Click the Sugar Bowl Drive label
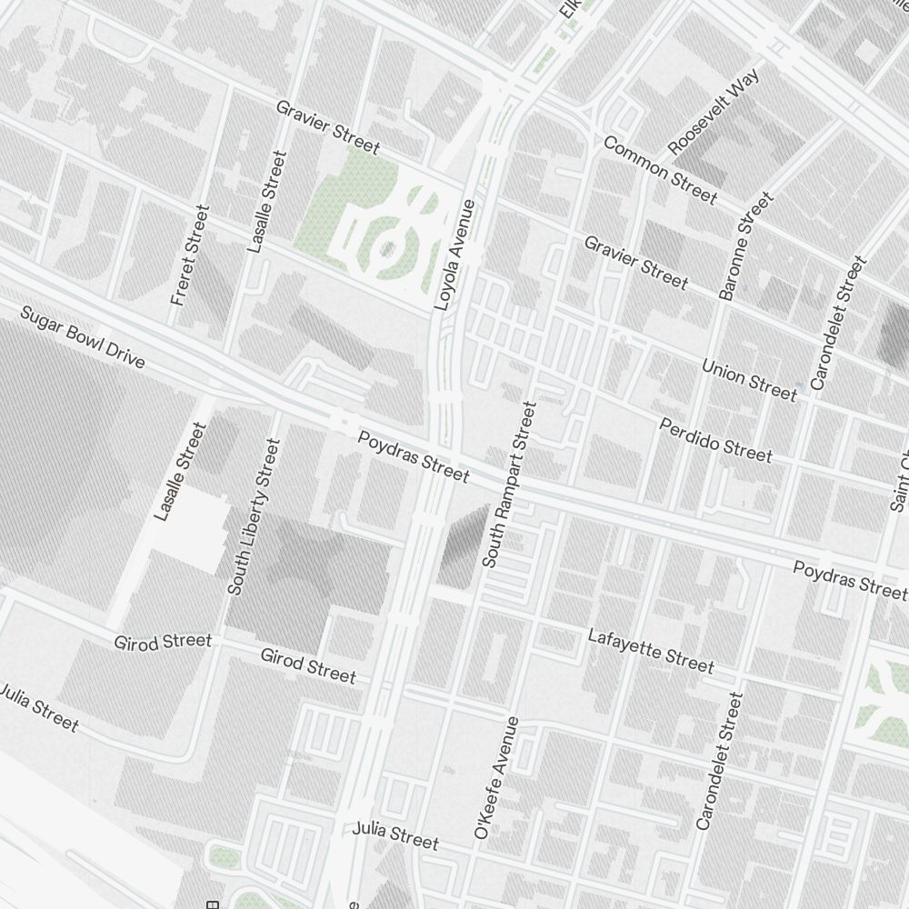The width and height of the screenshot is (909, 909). click(x=82, y=337)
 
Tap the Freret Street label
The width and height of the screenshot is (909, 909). click(x=190, y=255)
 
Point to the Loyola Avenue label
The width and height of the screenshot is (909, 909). click(x=455, y=255)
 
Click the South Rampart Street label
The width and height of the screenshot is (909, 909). click(x=511, y=484)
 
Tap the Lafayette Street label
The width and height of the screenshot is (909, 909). click(x=650, y=650)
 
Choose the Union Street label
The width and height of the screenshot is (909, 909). click(x=749, y=379)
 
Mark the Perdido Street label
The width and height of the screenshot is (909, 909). click(x=715, y=440)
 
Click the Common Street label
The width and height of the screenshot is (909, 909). click(x=660, y=170)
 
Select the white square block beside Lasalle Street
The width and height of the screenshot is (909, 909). click(x=194, y=533)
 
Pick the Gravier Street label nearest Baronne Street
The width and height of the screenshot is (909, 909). click(x=635, y=262)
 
